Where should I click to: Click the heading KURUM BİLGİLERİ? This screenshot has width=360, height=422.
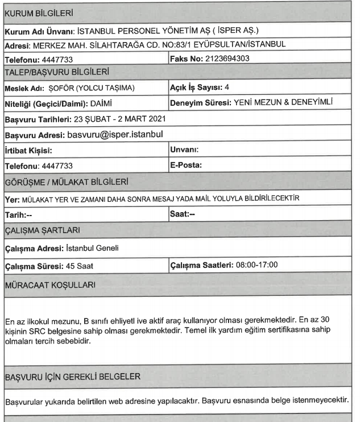(x=34, y=11)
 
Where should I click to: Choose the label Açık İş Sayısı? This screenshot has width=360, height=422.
(x=197, y=88)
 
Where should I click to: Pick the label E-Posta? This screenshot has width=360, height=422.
(x=187, y=166)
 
